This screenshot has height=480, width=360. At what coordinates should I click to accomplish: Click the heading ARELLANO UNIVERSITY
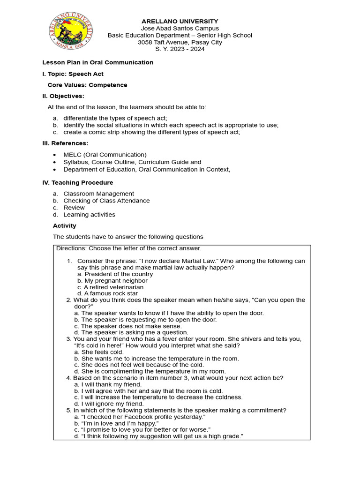[180, 21]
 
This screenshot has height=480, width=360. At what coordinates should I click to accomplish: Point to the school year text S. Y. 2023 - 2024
[180, 49]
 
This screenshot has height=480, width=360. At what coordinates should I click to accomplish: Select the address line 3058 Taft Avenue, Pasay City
[180, 42]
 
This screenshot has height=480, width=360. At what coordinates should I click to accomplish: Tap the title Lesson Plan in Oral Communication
[98, 62]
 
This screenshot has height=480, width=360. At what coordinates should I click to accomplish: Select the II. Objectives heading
[63, 96]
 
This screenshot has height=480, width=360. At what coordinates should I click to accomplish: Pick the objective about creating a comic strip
[151, 132]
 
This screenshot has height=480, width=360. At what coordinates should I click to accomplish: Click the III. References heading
[65, 143]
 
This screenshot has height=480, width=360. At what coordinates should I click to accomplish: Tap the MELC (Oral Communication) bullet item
[105, 155]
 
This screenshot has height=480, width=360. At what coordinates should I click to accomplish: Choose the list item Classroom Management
[98, 194]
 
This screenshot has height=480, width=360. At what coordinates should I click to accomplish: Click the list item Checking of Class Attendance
[106, 201]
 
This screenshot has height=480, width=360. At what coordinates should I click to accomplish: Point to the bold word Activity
[64, 225]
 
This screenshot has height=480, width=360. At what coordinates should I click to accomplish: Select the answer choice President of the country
[115, 274]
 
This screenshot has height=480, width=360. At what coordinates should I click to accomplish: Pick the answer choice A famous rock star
[107, 294]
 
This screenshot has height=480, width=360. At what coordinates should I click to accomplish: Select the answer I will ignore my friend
[109, 404]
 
